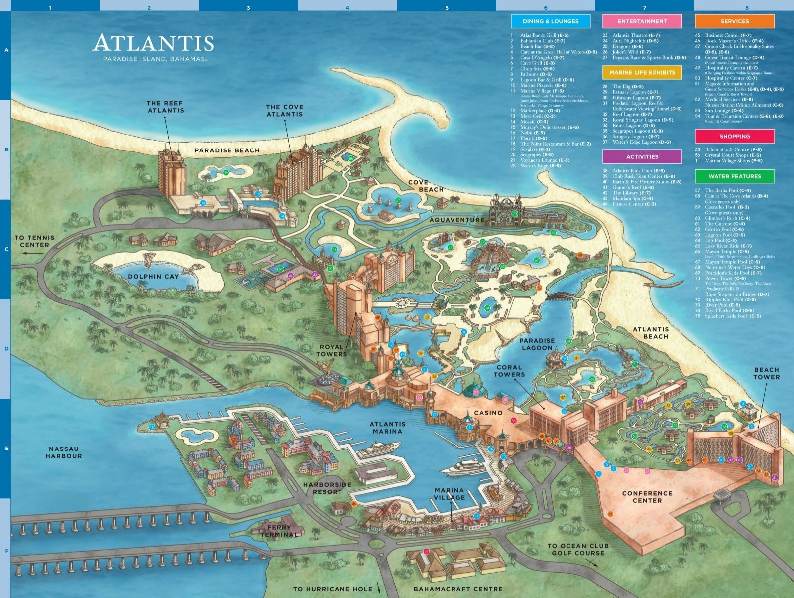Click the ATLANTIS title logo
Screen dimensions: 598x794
[153, 44]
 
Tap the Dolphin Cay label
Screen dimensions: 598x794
[153, 276]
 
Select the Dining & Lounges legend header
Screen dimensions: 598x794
[551, 21]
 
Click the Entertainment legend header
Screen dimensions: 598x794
[642, 21]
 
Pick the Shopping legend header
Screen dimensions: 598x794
[734, 136]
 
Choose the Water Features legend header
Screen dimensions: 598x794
[734, 176]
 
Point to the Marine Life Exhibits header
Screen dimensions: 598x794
[642, 72]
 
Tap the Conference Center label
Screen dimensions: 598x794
[647, 497]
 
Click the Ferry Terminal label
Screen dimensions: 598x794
[279, 531]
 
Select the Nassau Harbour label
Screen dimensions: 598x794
[64, 452]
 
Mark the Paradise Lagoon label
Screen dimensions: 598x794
[537, 344]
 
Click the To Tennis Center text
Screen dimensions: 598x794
[34, 241]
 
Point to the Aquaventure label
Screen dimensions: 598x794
[456, 220]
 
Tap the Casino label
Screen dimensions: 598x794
[488, 413]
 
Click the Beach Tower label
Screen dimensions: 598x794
[766, 373]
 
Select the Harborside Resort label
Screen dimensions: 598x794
[327, 488]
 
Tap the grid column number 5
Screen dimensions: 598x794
[447, 8]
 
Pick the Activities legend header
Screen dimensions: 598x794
[642, 157]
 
